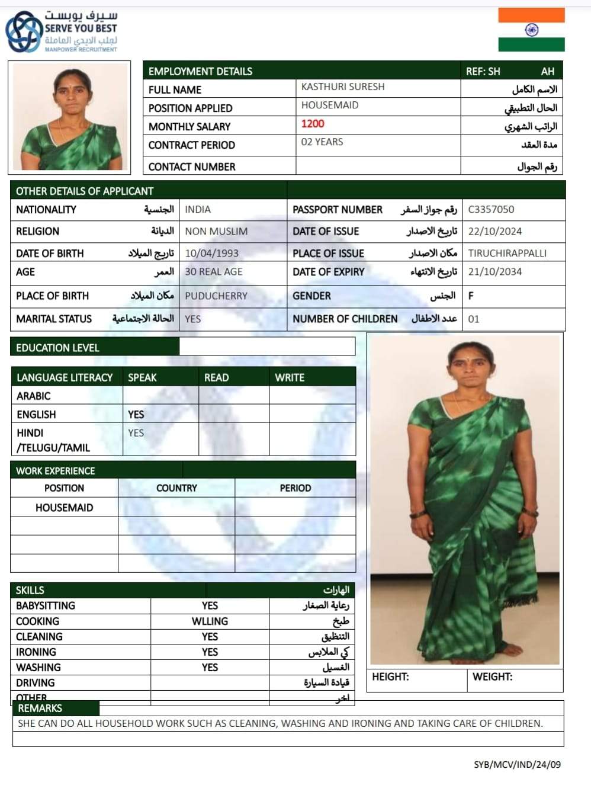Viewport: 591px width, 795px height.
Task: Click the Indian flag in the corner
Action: point(531,30)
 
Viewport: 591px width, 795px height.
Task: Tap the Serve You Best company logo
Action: point(62,31)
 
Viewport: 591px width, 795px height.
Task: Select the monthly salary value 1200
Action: point(313,124)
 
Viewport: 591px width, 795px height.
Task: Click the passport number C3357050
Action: point(491,209)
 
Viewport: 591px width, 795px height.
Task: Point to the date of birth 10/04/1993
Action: point(211,254)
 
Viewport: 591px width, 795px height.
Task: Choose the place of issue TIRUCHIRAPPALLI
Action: point(507,254)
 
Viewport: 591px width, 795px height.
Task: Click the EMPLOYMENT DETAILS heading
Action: point(200,72)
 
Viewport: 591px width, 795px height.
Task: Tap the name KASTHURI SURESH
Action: point(343,86)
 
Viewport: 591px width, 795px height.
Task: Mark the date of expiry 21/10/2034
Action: point(495,272)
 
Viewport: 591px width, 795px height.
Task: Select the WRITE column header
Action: point(290,377)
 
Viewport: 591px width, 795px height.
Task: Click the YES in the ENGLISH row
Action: point(136,415)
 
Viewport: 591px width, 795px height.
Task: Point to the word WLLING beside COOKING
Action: point(210,621)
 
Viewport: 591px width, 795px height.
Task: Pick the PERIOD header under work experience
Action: point(295,488)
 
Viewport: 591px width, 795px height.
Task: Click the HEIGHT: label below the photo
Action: point(390,677)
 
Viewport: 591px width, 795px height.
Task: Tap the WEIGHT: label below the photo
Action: point(492,677)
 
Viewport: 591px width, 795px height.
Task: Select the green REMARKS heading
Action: point(40,709)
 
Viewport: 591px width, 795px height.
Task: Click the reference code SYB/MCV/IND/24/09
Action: point(517,764)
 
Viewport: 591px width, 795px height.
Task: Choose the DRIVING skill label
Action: point(36,683)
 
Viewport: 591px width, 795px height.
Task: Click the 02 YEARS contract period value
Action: point(322,142)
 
